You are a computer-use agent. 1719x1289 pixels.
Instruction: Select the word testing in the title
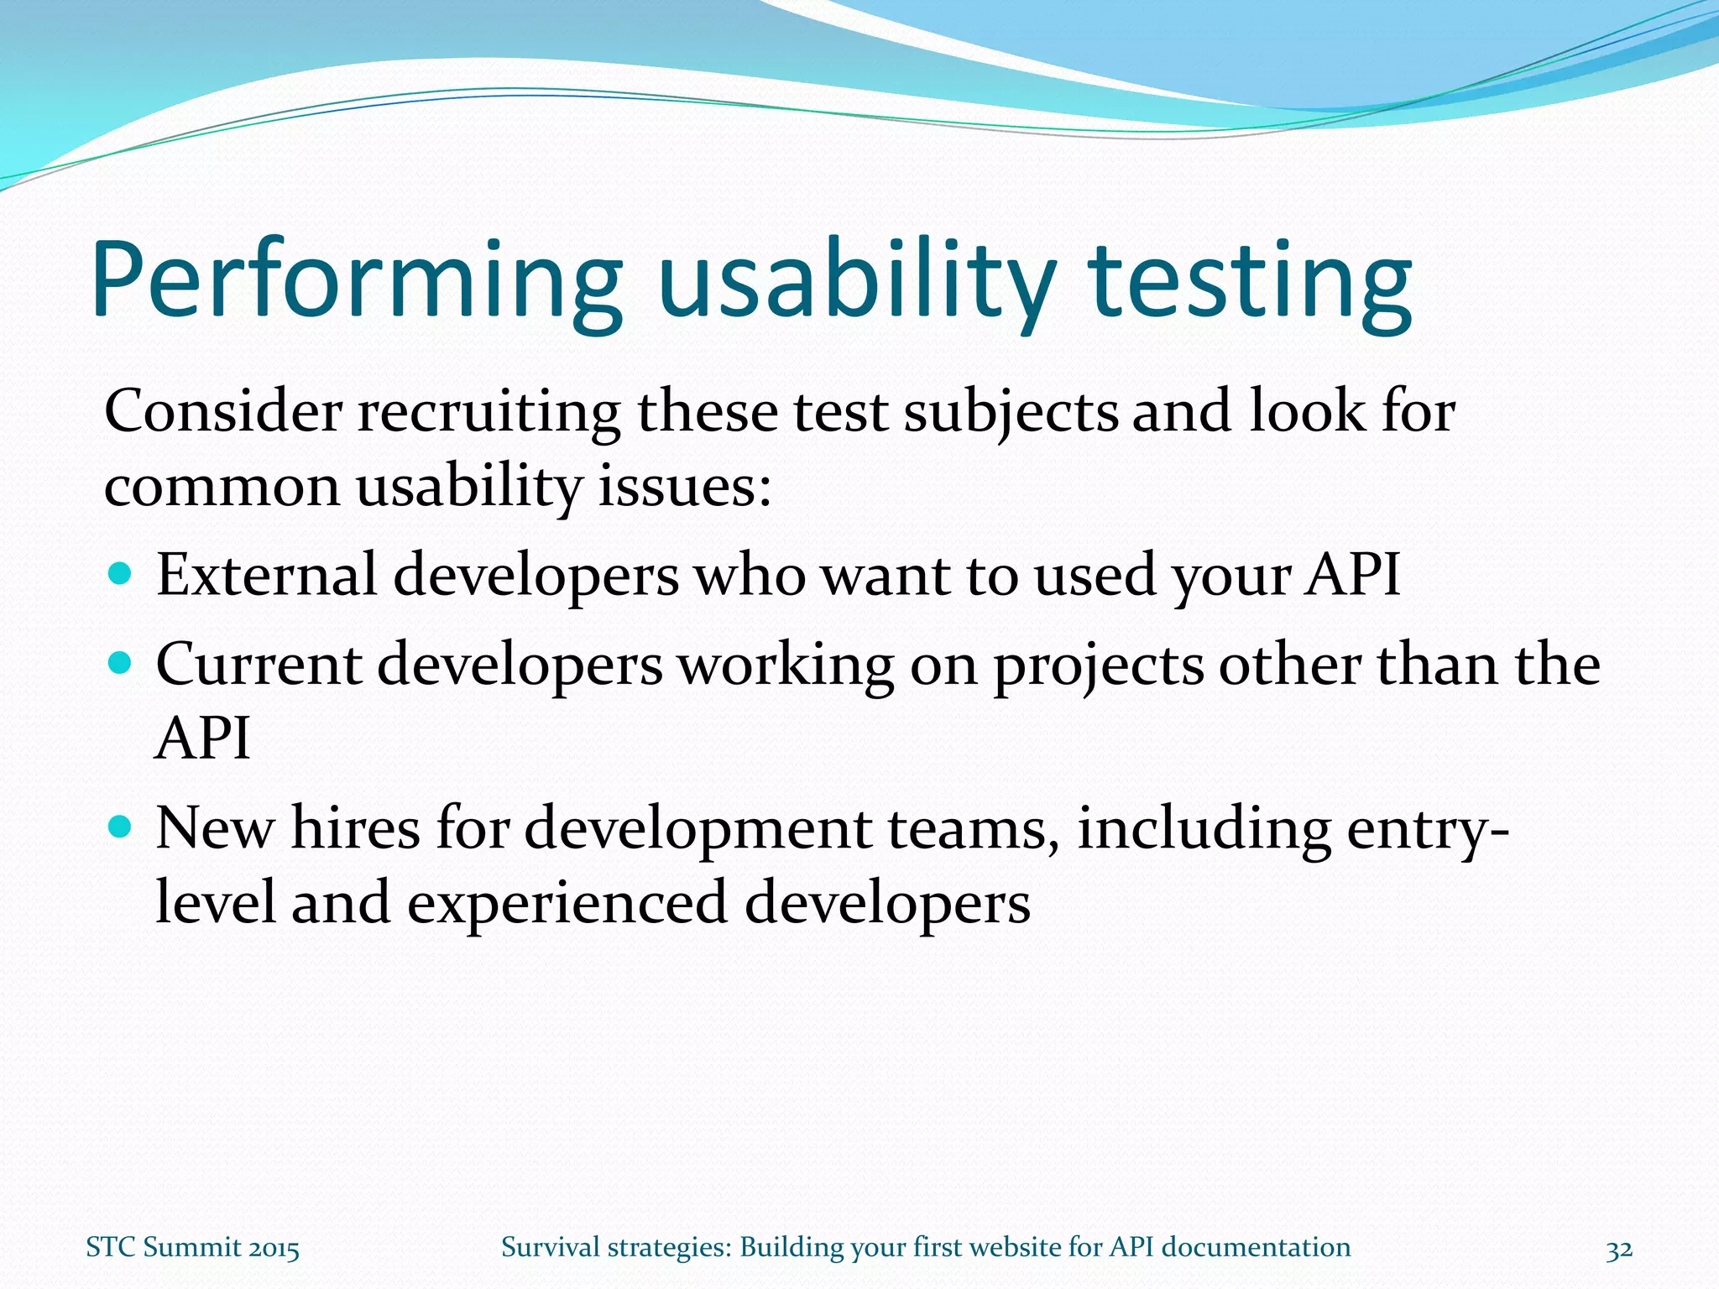click(x=1251, y=281)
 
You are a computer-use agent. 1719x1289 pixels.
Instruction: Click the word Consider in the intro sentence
click(x=223, y=412)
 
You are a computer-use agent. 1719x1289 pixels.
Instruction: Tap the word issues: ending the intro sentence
click(x=684, y=487)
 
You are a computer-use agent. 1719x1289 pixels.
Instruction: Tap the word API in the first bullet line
click(x=1352, y=576)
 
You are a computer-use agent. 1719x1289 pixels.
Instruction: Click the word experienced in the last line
click(x=567, y=905)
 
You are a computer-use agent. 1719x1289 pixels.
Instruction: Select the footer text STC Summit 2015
click(x=192, y=1248)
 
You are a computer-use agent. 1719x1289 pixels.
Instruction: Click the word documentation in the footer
click(x=1256, y=1248)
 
